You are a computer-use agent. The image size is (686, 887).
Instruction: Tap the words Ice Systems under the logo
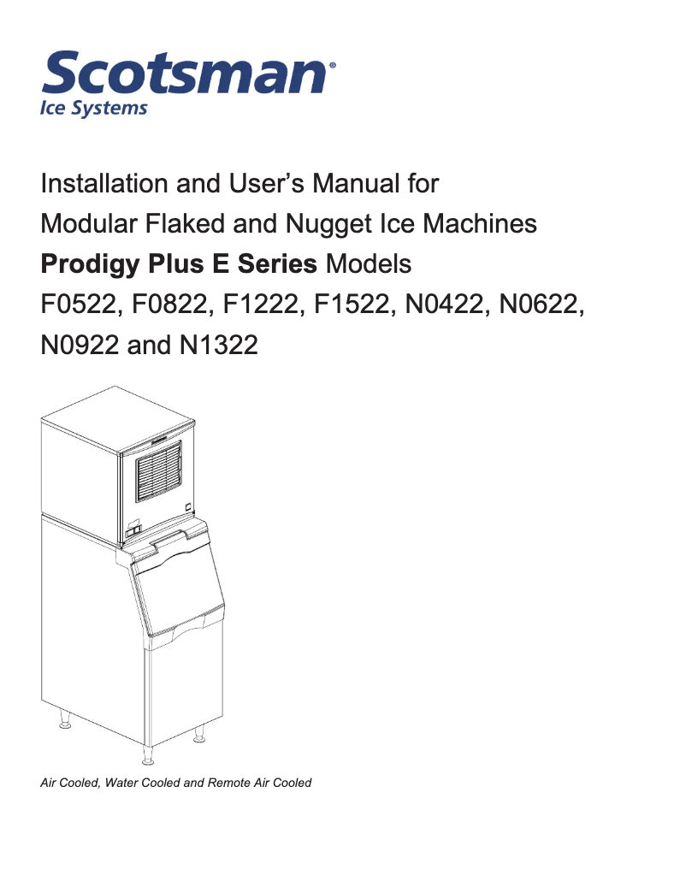94,109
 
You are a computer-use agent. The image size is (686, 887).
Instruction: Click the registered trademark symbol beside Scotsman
333,64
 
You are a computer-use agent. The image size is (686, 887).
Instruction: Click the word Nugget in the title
327,224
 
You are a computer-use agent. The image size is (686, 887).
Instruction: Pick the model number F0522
79,305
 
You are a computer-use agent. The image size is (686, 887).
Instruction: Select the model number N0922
80,346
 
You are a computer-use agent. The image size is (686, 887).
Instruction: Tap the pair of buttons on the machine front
133,532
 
